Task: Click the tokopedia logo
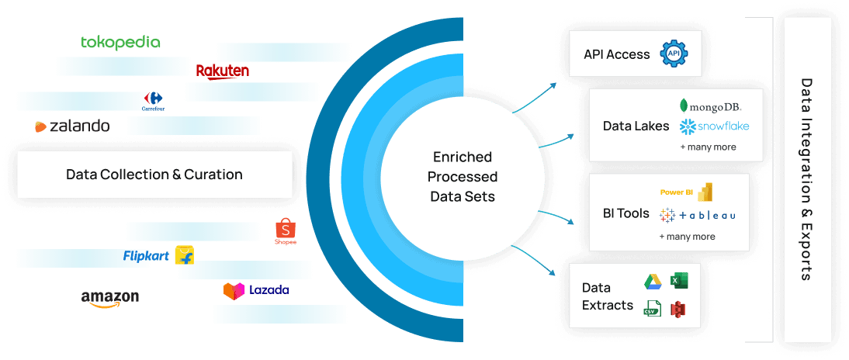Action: coord(121,42)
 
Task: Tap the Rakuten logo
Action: coord(223,71)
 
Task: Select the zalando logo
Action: coord(71,126)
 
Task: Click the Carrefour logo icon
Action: coord(154,101)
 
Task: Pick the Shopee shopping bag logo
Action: coord(286,231)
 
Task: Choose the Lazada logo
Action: coord(256,290)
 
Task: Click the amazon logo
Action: coord(110,298)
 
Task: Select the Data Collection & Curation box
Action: coord(154,175)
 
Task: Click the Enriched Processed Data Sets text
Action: coord(463,177)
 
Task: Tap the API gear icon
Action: coord(674,54)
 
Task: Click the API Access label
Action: coord(617,54)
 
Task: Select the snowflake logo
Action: coord(714,126)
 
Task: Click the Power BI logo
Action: coord(686,192)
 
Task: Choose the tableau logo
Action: coord(697,214)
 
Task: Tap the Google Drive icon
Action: coord(652,282)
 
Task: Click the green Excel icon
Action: coord(679,282)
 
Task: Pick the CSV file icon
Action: coord(652,308)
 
